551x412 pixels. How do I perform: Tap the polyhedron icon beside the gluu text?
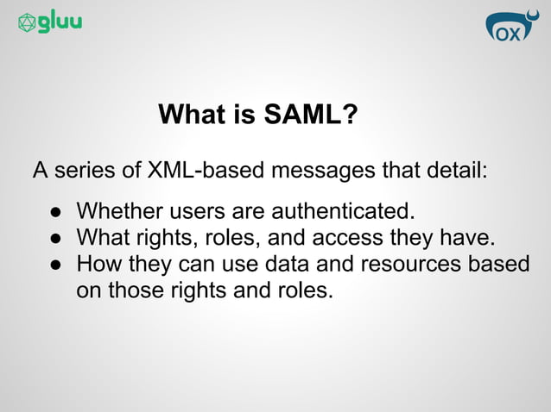(x=27, y=23)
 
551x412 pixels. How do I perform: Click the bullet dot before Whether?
(x=54, y=212)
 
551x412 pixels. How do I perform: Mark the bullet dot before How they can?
(x=54, y=264)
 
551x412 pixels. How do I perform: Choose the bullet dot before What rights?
(x=54, y=238)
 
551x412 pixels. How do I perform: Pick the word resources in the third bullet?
(x=409, y=263)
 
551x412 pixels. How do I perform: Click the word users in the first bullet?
(x=187, y=211)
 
